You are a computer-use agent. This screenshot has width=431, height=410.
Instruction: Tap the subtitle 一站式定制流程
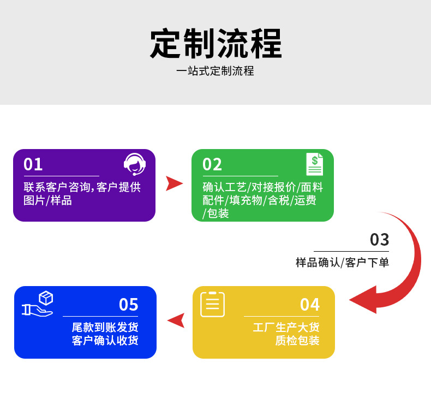[215, 71]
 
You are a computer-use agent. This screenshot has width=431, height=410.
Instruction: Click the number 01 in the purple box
[33, 164]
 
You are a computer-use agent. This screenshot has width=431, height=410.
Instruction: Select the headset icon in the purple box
[134, 164]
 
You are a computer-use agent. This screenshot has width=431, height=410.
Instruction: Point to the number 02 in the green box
[212, 164]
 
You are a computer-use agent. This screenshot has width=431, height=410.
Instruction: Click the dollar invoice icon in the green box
[314, 164]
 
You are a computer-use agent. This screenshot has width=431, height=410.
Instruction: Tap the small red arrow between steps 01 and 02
[173, 183]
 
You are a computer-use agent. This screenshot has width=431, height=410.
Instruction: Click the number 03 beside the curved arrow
[379, 240]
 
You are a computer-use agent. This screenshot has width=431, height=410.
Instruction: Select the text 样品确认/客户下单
[342, 262]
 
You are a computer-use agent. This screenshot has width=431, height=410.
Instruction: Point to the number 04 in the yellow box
[310, 304]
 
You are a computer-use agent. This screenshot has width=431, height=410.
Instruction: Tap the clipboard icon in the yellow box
[212, 304]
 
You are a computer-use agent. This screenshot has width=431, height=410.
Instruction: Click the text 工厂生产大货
[286, 327]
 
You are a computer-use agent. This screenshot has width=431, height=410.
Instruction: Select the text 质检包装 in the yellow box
[297, 341]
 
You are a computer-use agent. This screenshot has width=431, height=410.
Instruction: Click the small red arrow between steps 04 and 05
[176, 320]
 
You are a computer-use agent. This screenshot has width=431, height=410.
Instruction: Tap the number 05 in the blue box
[129, 304]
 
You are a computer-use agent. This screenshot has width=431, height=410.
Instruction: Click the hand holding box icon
[38, 304]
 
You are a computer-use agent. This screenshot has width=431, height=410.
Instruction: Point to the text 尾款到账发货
[105, 327]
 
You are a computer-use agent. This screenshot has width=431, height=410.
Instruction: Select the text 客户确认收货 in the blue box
[105, 341]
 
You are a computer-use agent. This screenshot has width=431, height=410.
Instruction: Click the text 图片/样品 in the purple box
[48, 200]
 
